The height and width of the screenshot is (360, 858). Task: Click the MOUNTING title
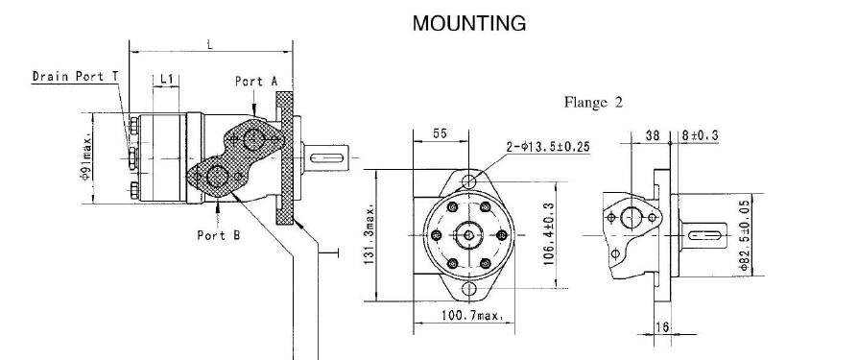(x=469, y=24)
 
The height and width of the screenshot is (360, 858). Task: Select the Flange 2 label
(x=593, y=103)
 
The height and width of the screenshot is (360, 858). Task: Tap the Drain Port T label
(x=75, y=76)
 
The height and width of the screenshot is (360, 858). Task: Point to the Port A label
(x=256, y=82)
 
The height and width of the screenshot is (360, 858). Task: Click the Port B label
(x=218, y=235)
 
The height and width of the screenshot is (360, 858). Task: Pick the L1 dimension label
(x=166, y=80)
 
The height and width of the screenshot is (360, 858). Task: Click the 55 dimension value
(x=440, y=133)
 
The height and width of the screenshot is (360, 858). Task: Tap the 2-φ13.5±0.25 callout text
(x=548, y=147)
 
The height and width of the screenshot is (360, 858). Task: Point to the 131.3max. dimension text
(x=369, y=235)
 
